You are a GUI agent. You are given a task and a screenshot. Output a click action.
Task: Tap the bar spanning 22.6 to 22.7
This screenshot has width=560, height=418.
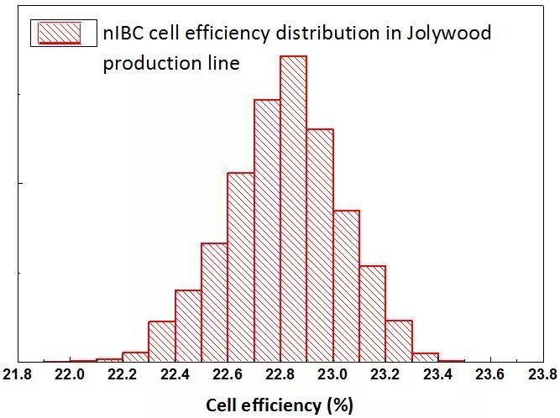click(241, 267)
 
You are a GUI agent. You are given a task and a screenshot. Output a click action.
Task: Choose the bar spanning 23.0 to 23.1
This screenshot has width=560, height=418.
click(346, 285)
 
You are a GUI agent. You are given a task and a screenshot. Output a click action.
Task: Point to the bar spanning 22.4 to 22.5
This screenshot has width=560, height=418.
click(188, 326)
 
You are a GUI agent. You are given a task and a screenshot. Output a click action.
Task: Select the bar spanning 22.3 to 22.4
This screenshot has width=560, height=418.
click(162, 342)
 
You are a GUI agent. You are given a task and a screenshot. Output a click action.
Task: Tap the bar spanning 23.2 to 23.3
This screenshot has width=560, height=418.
click(399, 341)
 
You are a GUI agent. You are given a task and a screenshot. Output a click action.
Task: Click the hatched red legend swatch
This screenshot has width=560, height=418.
click(56, 32)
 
